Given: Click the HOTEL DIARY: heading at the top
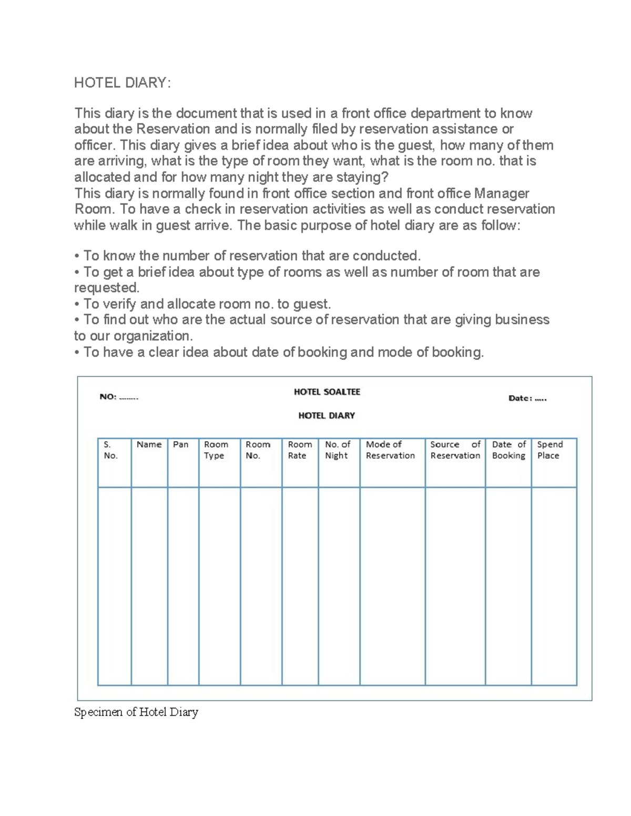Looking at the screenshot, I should point(122,83).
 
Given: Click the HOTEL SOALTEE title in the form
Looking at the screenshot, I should point(327,392).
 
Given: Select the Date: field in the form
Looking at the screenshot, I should point(527,398).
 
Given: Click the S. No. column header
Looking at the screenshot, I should point(110,450).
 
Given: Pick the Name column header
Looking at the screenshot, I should point(149,445).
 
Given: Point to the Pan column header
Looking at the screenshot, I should point(181,445).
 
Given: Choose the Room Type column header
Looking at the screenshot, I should point(216,450).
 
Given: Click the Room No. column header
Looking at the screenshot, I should point(258,450).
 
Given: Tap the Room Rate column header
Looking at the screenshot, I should point(299,450).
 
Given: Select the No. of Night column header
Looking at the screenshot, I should point(337,450).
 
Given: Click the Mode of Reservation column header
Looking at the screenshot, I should point(390,450).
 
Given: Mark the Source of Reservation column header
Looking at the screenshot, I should point(455,450).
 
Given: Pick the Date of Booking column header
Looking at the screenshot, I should point(508,450).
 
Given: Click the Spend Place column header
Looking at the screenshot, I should point(549,450).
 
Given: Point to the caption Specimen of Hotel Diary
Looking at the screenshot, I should point(136,712).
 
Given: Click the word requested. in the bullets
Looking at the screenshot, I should point(107,288).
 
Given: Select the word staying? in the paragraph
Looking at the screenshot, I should point(362,177).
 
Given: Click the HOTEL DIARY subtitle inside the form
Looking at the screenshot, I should point(327,416).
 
